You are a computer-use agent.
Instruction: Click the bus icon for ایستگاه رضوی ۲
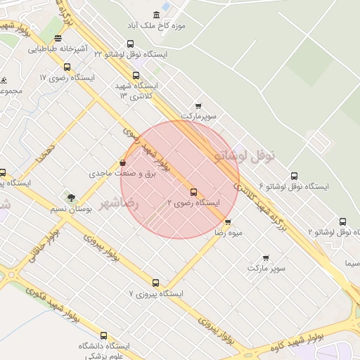point(193,191)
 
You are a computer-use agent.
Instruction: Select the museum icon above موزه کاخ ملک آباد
point(156,15)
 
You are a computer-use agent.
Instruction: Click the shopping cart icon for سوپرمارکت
point(199,105)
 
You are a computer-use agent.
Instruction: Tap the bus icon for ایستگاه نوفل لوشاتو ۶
point(293,176)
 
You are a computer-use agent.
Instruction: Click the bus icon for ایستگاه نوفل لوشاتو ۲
point(342,221)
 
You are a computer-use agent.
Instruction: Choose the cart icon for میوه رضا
point(226,221)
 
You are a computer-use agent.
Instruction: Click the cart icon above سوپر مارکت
point(265,258)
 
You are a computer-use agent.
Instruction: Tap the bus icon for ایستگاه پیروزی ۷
point(156,283)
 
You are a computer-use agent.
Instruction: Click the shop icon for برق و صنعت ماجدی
point(123,163)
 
